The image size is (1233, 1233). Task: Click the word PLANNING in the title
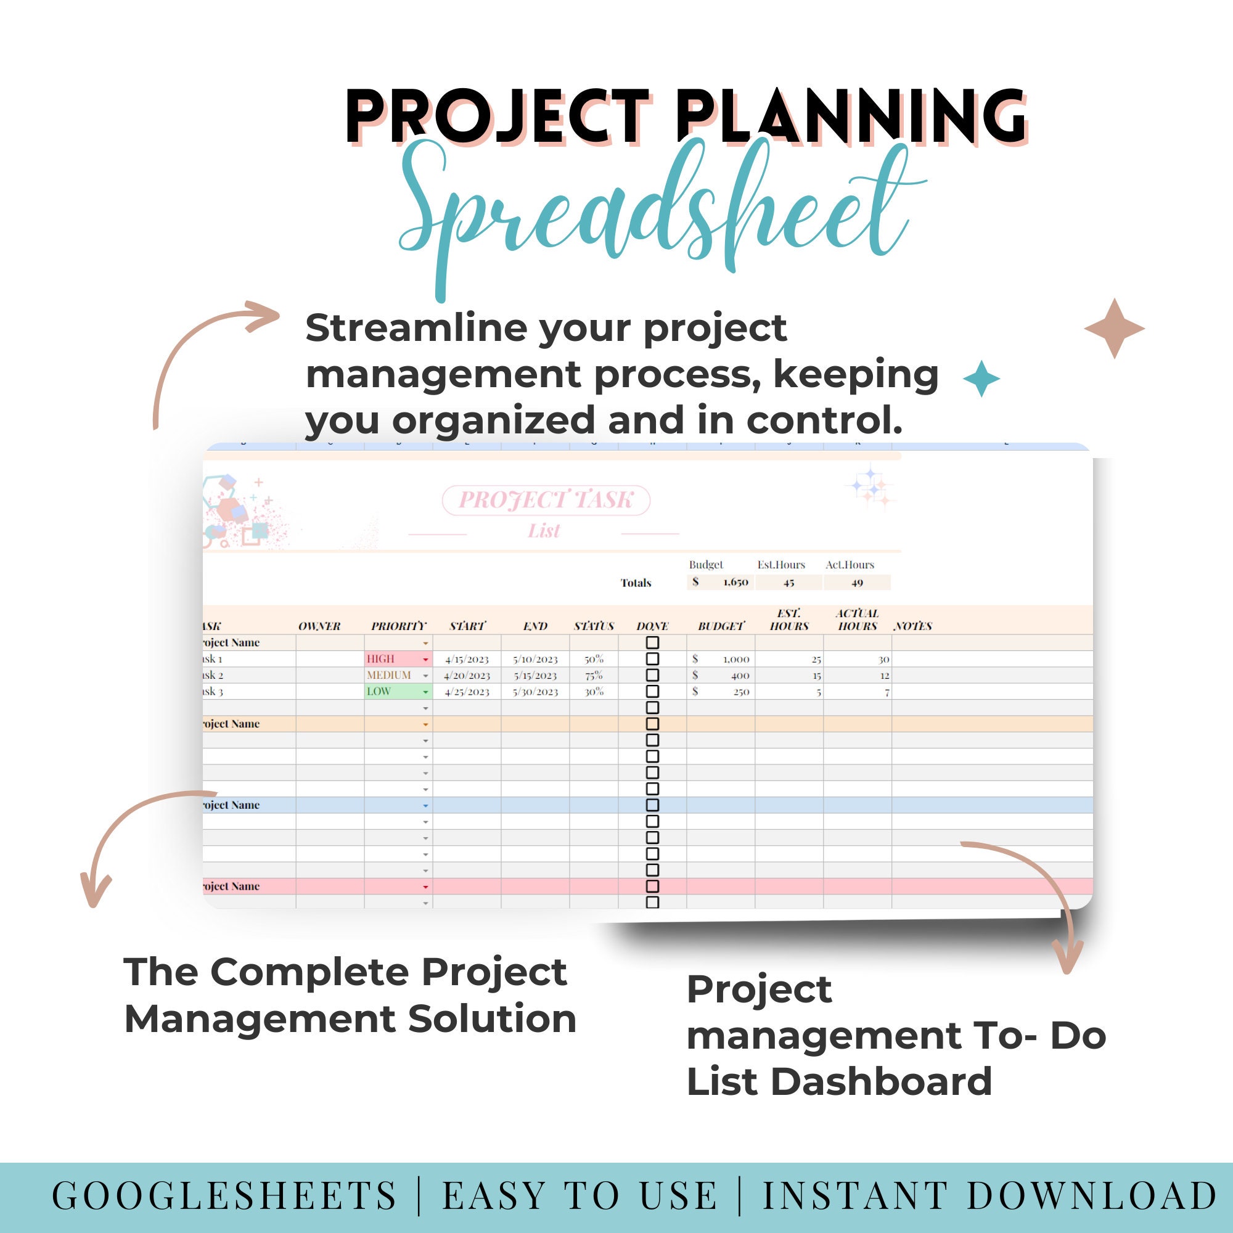click(x=850, y=116)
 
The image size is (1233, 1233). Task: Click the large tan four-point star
click(x=1114, y=329)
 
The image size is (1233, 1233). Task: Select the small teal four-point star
click(x=981, y=379)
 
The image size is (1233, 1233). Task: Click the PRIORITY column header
click(x=398, y=626)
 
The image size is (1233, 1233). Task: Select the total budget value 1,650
click(x=735, y=582)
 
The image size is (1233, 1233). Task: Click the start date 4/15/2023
click(x=467, y=659)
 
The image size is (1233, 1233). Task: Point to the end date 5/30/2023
click(x=536, y=692)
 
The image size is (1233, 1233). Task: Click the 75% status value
click(x=594, y=675)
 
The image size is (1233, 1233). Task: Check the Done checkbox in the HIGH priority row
click(x=652, y=658)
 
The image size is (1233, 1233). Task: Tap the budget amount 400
click(x=740, y=675)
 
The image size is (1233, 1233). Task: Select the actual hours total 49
click(x=856, y=583)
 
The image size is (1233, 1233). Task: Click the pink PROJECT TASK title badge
click(x=546, y=500)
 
